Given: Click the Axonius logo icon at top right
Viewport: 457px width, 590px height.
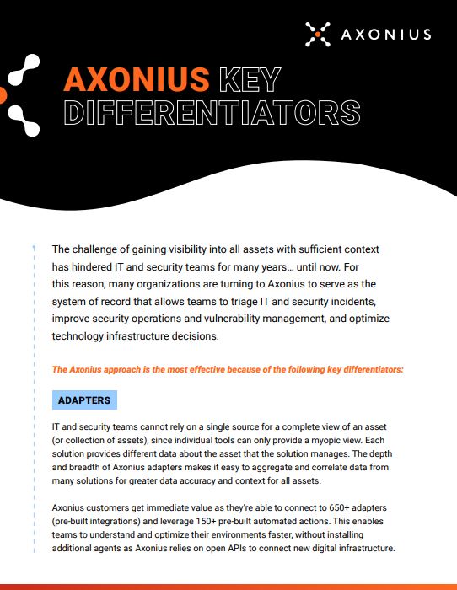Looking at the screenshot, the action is coord(318,34).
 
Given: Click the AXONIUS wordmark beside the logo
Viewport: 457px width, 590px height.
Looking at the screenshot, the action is coord(386,35).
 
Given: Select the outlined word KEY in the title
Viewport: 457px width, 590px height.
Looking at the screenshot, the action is coord(249,79).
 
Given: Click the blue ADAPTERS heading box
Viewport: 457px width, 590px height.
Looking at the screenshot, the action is coord(85,400).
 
